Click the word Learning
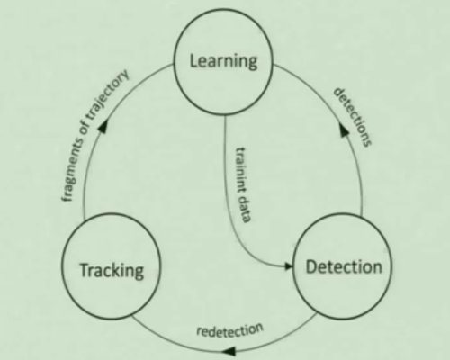(x=223, y=61)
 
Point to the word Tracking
(x=112, y=270)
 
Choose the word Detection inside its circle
(x=344, y=266)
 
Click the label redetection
(x=229, y=330)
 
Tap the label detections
(x=353, y=117)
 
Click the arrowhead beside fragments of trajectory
(x=103, y=126)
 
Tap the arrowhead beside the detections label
(x=344, y=130)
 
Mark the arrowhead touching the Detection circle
(x=287, y=266)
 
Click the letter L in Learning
(x=193, y=60)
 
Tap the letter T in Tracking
(x=84, y=269)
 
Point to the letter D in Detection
(x=311, y=266)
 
